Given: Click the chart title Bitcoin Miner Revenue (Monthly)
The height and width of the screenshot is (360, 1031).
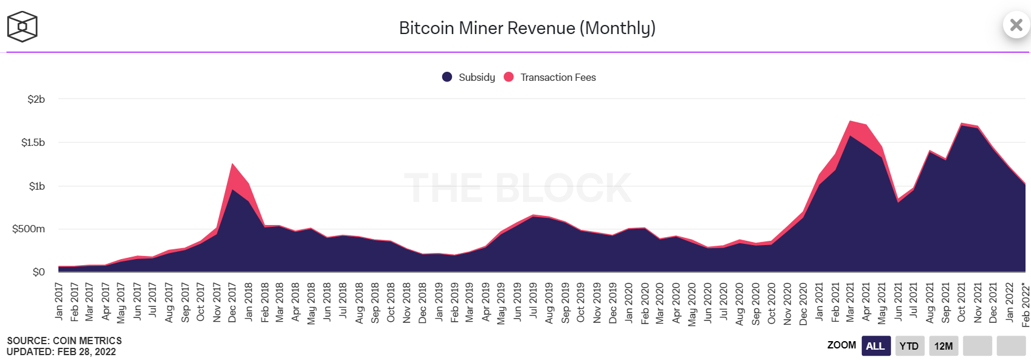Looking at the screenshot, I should [x=527, y=28].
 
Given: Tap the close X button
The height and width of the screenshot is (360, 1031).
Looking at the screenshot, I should [x=1016, y=25].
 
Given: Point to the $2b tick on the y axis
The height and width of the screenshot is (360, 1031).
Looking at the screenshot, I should [x=36, y=99].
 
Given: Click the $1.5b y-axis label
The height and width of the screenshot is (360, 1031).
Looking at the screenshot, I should [x=33, y=142].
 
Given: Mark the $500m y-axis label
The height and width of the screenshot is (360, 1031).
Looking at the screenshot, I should [x=29, y=229].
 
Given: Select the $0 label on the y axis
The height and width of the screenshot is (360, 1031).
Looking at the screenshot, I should [x=38, y=272].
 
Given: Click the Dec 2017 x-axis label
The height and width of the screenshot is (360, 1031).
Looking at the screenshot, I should [x=232, y=302].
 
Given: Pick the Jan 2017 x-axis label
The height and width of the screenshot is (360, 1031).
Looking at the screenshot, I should [x=59, y=301].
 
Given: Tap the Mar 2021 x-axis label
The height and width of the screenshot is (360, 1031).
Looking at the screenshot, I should [x=850, y=302].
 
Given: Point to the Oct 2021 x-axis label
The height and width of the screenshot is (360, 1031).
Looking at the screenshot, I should [x=962, y=302].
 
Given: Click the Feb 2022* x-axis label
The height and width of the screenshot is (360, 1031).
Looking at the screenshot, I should [x=1026, y=305].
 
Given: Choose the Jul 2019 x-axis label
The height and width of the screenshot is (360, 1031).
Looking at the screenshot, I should [x=533, y=300].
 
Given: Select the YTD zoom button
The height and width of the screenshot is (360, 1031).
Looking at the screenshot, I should [x=909, y=346].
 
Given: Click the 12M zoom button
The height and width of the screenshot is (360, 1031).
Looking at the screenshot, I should [x=943, y=346].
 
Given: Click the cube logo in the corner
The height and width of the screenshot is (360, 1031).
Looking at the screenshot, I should [x=23, y=27].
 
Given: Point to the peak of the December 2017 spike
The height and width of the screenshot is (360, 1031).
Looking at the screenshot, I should [x=232, y=164].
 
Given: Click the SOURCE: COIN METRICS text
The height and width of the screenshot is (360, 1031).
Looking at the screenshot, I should [x=64, y=341].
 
